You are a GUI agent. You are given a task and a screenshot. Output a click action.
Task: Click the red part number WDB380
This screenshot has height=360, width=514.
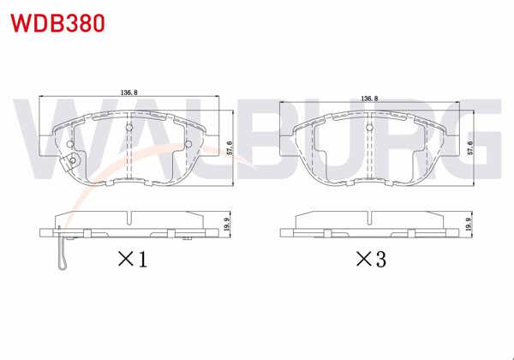57,22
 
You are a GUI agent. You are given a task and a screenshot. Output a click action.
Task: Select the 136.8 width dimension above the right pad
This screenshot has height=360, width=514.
371,99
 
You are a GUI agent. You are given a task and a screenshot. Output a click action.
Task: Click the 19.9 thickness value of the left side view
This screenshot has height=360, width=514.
227,225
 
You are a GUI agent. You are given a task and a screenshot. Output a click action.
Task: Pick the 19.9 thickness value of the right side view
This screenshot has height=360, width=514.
469,225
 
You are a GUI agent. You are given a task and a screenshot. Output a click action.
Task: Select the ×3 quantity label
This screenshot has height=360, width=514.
369,259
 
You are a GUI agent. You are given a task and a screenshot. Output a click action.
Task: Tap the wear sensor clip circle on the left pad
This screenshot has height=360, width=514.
72,161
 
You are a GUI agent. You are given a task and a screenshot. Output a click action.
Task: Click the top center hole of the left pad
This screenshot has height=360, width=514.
128,129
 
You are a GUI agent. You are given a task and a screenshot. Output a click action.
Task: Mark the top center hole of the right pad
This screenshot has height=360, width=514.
370,129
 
